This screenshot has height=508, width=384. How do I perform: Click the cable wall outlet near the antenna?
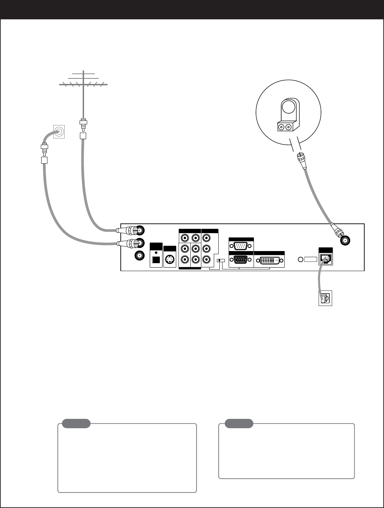[59, 132]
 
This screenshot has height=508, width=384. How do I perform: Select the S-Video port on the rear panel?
[169, 260]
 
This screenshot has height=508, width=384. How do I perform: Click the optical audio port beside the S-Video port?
[156, 260]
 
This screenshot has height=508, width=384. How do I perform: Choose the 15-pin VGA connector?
[241, 260]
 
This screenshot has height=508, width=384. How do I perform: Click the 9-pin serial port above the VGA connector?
[241, 246]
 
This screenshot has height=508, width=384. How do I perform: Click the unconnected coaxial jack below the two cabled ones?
[140, 256]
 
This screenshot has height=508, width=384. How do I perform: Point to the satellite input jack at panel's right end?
[346, 240]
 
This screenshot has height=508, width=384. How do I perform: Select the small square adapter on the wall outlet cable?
[44, 160]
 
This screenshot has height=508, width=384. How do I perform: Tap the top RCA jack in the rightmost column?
[207, 238]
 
